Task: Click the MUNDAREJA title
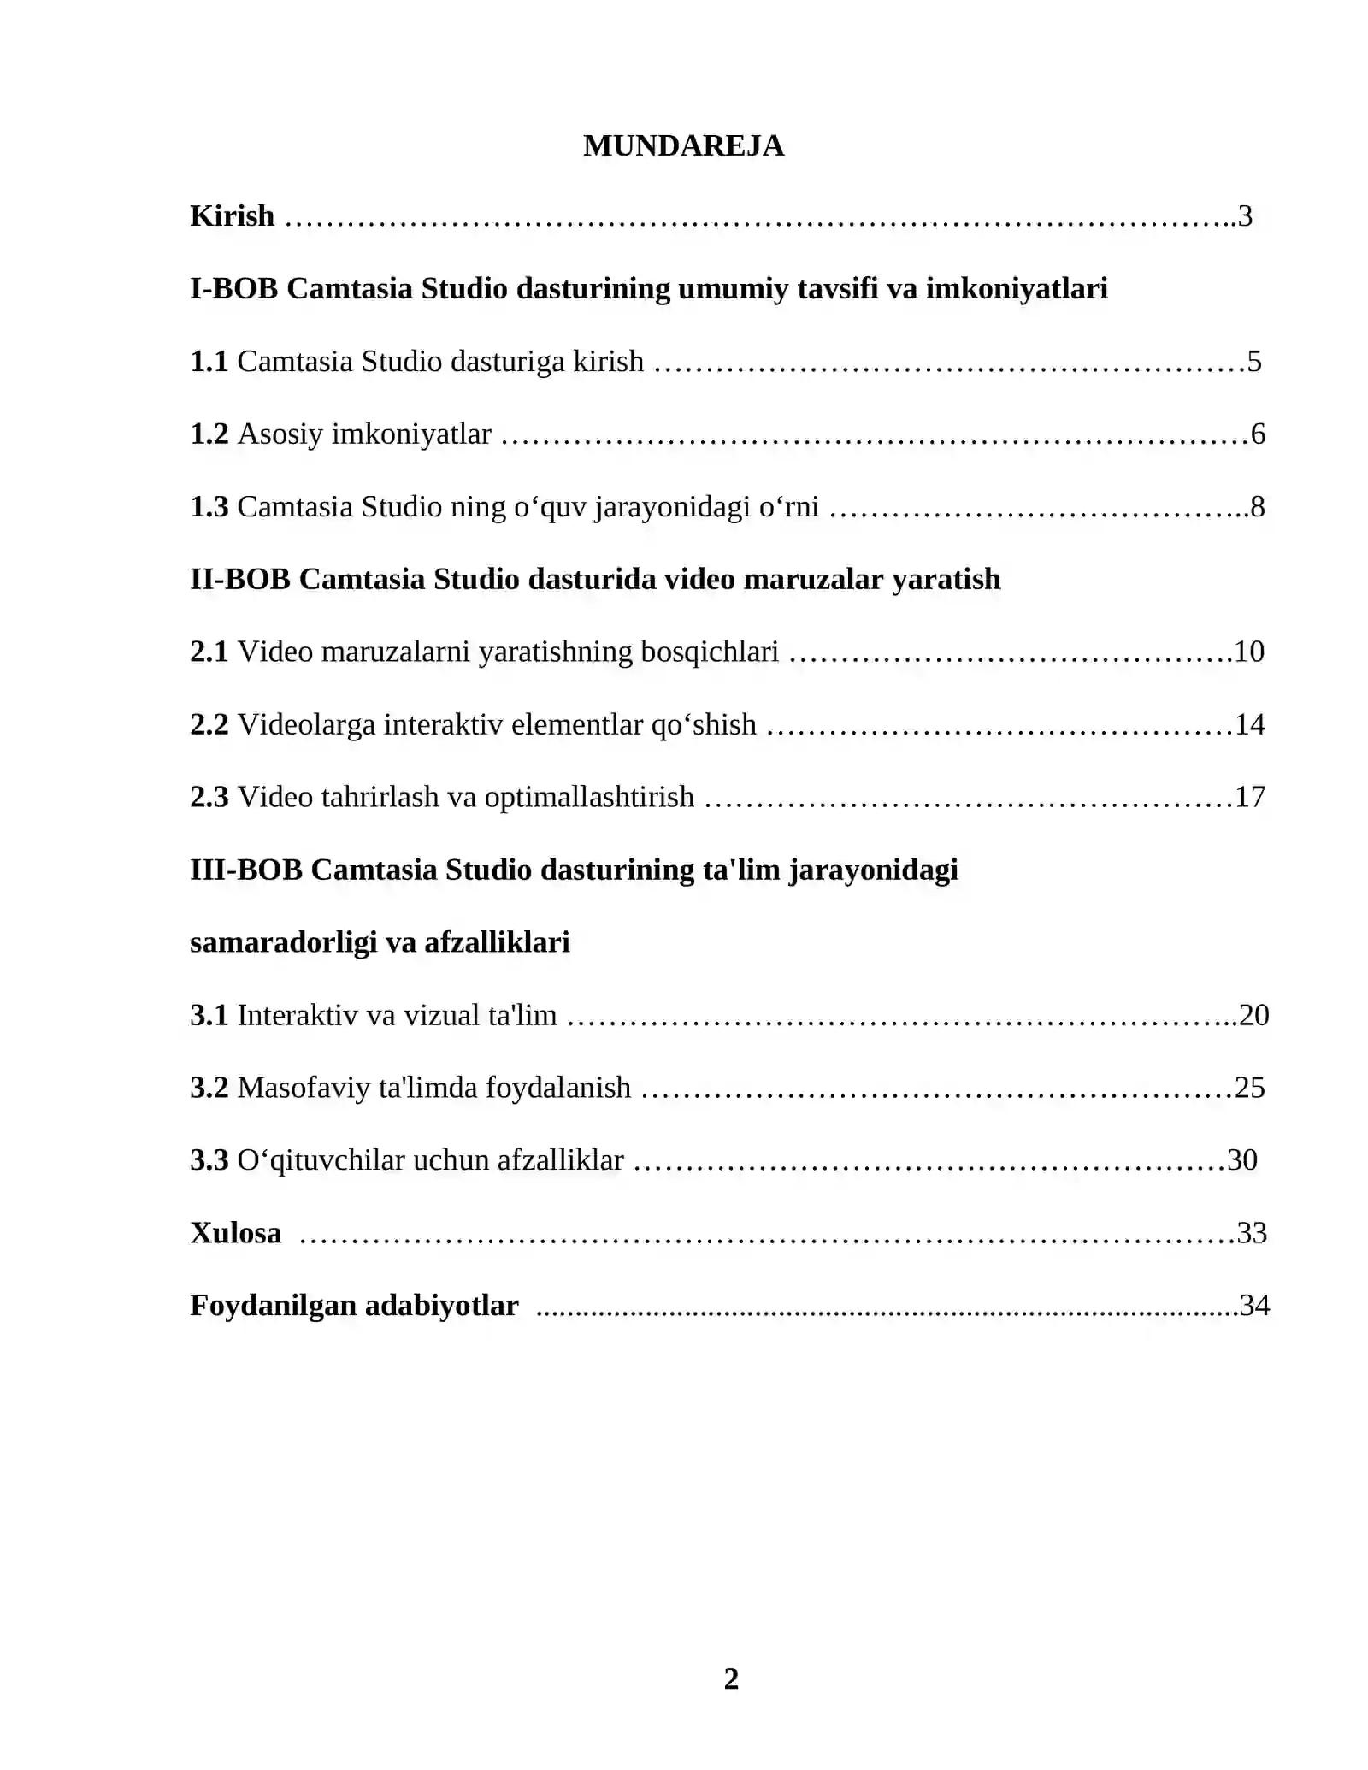683,146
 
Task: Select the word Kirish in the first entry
232,216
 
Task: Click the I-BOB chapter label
233,289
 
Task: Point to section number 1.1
209,362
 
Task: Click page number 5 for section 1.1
1254,362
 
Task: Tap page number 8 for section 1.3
1258,507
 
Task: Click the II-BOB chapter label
239,580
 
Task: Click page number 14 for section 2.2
1249,725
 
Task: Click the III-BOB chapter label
246,870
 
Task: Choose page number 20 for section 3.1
1253,1016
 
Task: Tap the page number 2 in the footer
731,1679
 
